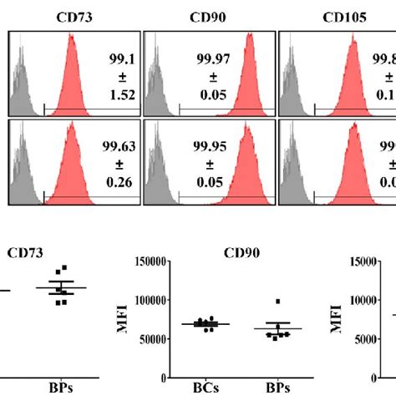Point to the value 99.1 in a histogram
click(x=122, y=58)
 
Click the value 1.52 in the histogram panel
click(x=122, y=95)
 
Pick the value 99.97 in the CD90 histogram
click(x=252, y=58)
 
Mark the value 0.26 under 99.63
click(x=122, y=184)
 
